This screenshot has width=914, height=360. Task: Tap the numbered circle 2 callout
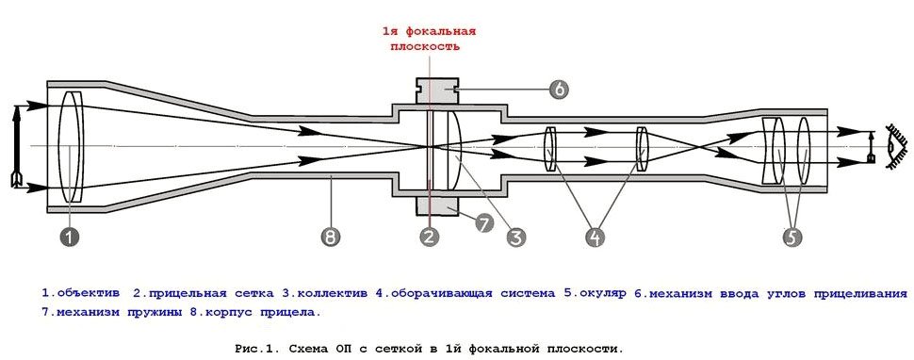[429, 237]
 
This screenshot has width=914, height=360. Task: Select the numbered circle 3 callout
[515, 237]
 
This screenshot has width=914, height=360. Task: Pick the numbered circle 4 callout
[594, 237]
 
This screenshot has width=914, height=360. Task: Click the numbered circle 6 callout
[558, 90]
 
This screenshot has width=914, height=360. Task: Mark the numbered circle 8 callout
[329, 237]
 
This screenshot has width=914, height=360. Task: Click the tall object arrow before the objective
[16, 146]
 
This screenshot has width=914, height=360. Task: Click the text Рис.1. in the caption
[256, 348]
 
